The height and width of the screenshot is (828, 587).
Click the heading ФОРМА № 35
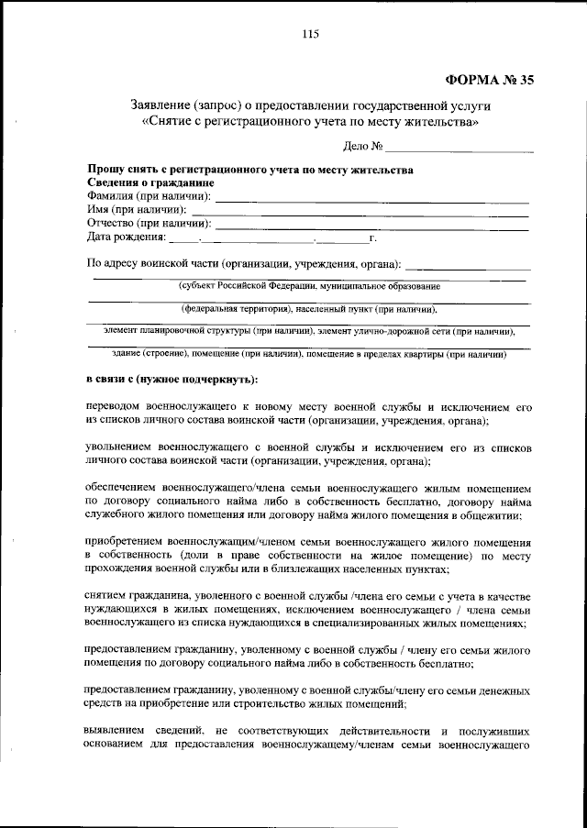click(487, 79)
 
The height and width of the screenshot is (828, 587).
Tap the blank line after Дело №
click(460, 148)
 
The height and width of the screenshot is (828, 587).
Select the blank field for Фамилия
click(371, 197)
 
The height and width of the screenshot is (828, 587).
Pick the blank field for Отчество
click(371, 224)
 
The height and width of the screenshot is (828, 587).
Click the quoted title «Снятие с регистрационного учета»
click(310, 121)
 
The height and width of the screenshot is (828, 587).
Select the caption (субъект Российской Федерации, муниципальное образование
click(309, 286)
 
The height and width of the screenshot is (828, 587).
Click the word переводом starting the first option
click(114, 406)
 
